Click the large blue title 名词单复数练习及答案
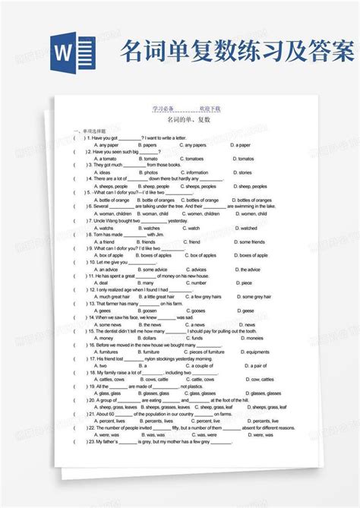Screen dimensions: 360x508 pos(236,54)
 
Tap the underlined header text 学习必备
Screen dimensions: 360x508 pos(163,109)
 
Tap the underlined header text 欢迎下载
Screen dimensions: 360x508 pos(210,109)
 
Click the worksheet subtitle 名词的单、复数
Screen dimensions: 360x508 pos(186,120)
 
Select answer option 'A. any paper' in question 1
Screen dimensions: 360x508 pos(107,144)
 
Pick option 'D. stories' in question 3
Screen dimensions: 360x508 pos(245,172)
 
